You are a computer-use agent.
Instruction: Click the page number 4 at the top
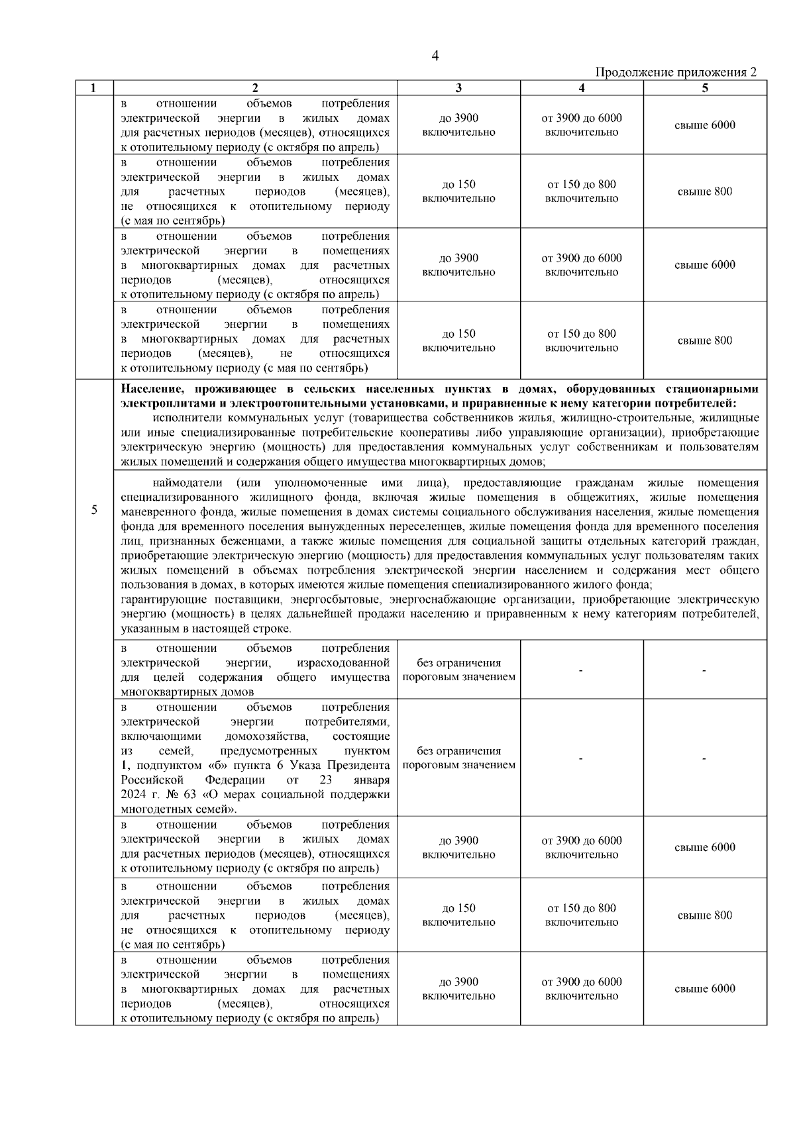coord(435,56)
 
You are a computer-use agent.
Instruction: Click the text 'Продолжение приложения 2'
coord(676,72)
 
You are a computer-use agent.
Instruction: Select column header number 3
coord(458,88)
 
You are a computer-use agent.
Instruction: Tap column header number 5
coord(705,88)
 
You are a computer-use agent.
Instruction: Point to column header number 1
coord(93,88)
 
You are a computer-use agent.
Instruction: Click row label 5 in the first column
coord(93,509)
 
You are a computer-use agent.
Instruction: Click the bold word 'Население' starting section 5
coord(150,389)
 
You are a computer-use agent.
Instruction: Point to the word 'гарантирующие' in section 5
coord(158,599)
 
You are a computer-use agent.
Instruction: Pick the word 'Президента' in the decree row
coord(363,766)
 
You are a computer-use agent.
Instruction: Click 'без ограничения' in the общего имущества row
coord(458,663)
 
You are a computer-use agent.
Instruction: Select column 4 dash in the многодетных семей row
coord(581,759)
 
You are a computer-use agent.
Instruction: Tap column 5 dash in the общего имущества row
coord(704,671)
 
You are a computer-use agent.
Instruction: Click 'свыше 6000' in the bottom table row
coord(704,989)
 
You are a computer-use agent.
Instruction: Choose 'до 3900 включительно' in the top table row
coord(458,125)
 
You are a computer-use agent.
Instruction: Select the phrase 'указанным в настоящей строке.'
coord(205,629)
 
